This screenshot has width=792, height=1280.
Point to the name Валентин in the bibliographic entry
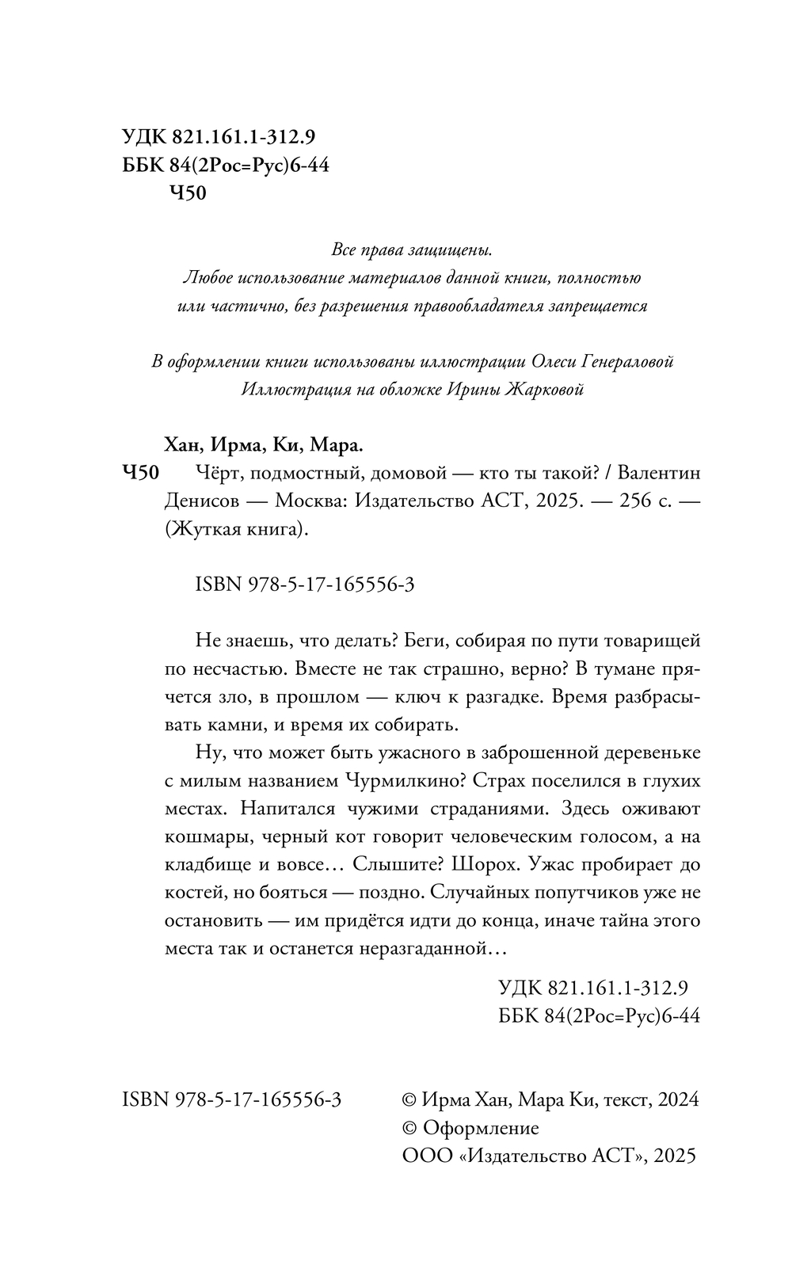point(658,474)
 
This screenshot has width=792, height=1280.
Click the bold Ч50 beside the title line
point(143,474)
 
